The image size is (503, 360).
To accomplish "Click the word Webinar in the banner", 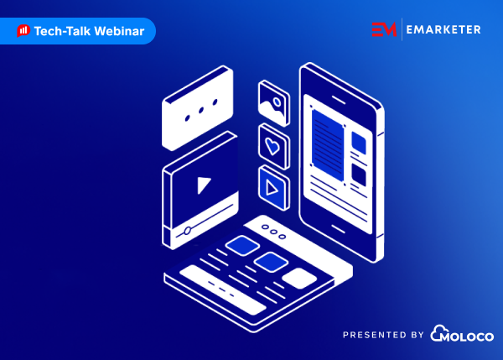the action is [119, 31].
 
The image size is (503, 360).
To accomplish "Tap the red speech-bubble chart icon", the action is [23, 31].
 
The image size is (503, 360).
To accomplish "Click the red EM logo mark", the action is [384, 29].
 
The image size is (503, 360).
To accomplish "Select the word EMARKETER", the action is [443, 29].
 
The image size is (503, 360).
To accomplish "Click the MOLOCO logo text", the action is [462, 333].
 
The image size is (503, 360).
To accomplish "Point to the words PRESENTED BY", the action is [383, 335].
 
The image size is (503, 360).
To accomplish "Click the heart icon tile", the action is [273, 146].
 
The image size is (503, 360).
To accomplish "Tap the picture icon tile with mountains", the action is [273, 102].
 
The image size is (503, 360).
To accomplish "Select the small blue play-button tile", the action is [273, 188].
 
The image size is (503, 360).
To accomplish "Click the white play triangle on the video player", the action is [203, 185].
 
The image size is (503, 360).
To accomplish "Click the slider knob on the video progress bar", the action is [187, 230].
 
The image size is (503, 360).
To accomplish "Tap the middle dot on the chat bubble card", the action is [201, 110].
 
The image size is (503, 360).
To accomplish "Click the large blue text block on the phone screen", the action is [328, 144].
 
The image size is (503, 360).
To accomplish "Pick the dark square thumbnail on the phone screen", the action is [359, 175].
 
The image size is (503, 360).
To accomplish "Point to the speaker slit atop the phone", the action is [339, 100].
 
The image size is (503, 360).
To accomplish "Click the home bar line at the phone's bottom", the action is [338, 229].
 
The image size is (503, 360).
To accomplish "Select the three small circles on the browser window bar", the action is [273, 232].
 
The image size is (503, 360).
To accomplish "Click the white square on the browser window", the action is [299, 278].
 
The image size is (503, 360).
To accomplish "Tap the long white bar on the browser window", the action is [223, 290].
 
